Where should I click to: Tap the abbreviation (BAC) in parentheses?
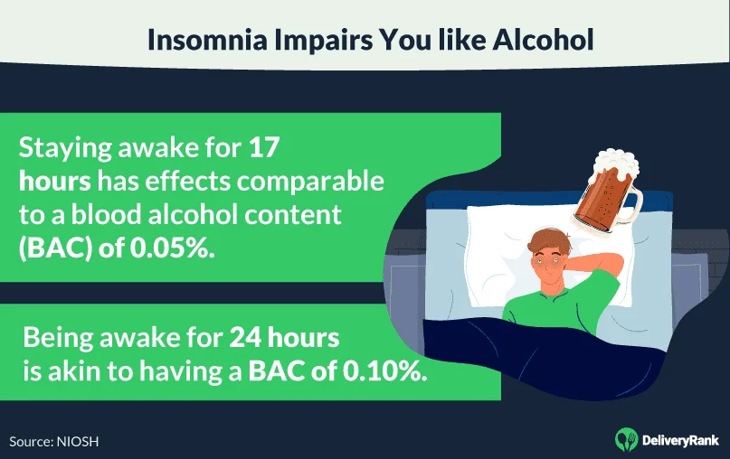click(54, 250)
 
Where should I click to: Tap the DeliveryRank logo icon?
click(624, 439)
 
